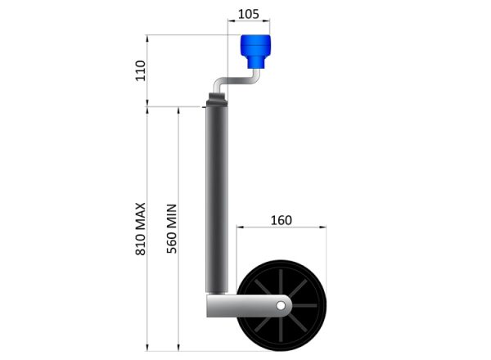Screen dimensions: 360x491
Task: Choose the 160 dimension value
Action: (x=281, y=220)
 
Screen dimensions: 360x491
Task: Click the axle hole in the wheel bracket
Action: (x=281, y=305)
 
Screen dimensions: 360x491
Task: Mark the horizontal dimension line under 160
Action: (x=282, y=229)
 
